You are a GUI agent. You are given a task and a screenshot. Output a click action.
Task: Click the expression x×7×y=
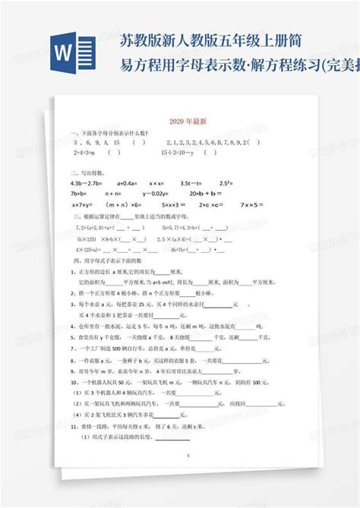click(83, 204)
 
